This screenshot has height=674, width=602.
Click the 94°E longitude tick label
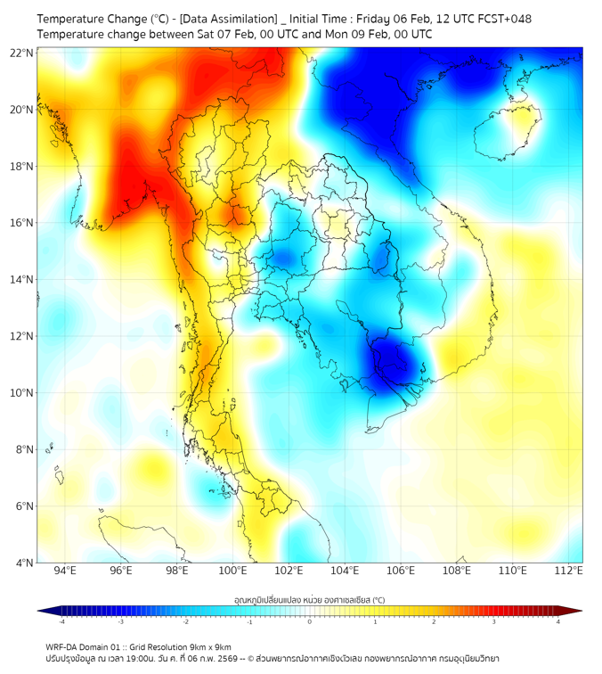pos(65,571)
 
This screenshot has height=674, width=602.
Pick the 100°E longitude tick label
pos(233,571)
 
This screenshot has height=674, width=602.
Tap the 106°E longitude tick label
pos(401,571)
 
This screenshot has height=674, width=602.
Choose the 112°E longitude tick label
pos(569,571)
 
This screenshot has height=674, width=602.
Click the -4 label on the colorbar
pos(61,621)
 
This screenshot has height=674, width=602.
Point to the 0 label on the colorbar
pos(310,621)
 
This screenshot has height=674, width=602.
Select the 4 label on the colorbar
pos(557,621)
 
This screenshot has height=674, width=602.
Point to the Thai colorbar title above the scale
pos(309,599)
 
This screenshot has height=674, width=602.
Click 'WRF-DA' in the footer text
pos(63,647)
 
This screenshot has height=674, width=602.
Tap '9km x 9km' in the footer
pos(210,647)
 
